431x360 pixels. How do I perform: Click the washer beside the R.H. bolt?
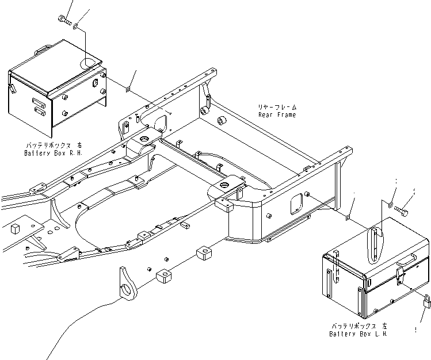pyautogui.click(x=77, y=26)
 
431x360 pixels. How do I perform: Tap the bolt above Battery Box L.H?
pyautogui.click(x=405, y=212)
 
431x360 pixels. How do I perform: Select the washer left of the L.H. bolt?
pyautogui.click(x=391, y=204)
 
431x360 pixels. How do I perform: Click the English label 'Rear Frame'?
pyautogui.click(x=277, y=115)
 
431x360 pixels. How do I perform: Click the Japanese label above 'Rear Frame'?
pyautogui.click(x=278, y=108)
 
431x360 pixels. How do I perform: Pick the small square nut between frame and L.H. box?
pyautogui.click(x=349, y=217)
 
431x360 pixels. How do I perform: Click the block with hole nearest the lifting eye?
pyautogui.click(x=163, y=278)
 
